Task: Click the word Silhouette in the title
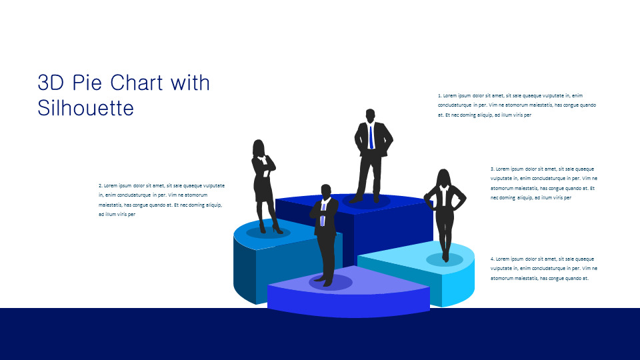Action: tap(86, 108)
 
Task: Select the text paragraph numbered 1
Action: tap(517, 105)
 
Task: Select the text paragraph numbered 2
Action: tap(161, 200)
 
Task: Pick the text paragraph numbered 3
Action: tap(543, 183)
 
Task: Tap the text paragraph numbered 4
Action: tap(543, 268)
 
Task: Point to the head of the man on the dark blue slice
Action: tap(371, 115)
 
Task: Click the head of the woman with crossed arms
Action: tap(259, 147)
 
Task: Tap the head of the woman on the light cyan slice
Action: tap(443, 177)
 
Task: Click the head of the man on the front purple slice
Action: tap(326, 191)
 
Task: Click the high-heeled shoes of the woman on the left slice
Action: tap(276, 229)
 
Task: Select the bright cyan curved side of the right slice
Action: tap(460, 283)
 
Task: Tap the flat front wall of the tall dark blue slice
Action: tap(387, 230)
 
